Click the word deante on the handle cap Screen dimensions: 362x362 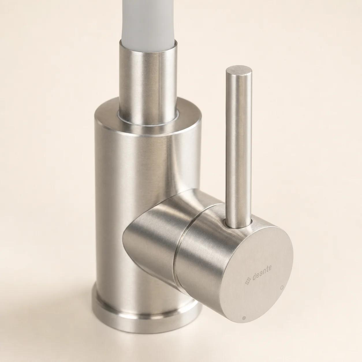click(262, 272)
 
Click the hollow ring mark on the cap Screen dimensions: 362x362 click(281, 288)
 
